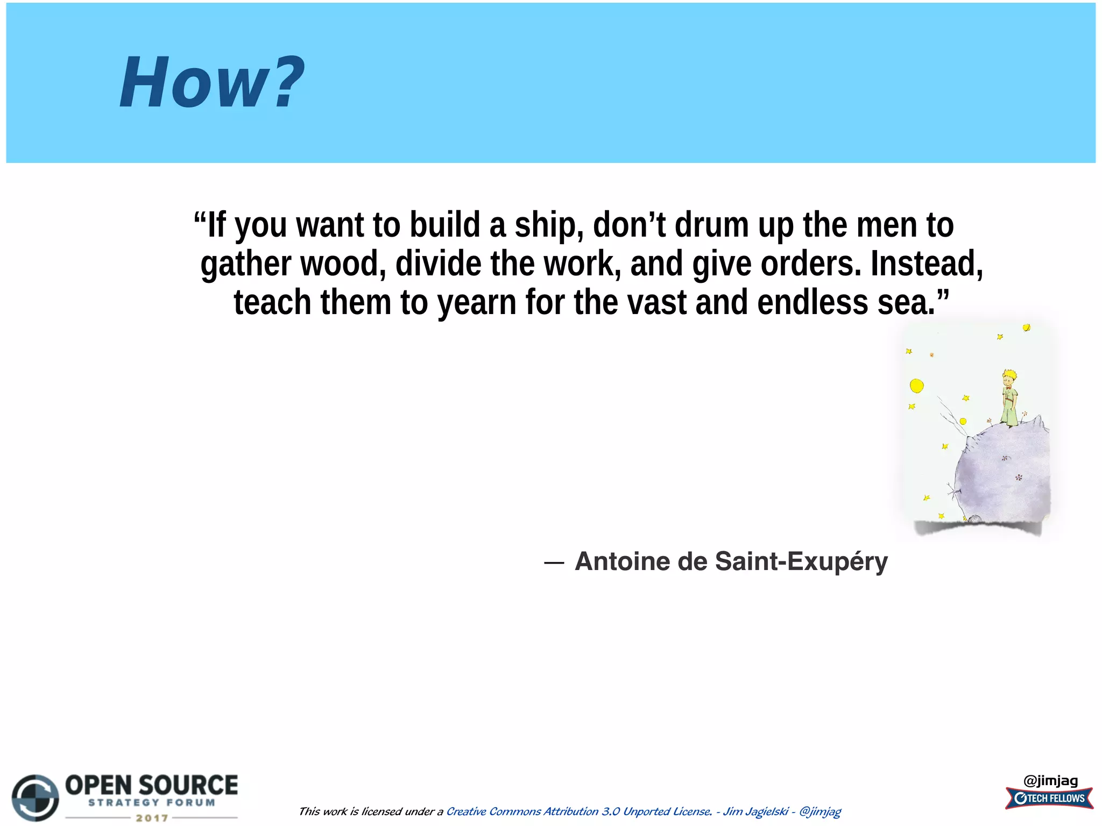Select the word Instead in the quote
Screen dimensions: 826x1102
pyautogui.click(x=926, y=264)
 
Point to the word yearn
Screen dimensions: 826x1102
pyautogui.click(x=477, y=303)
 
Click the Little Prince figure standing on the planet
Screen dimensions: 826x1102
pyautogui.click(x=1009, y=398)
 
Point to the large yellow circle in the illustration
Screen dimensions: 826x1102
pyautogui.click(x=916, y=386)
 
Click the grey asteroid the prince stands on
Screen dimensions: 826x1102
pyautogui.click(x=1004, y=473)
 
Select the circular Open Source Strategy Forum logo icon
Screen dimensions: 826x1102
pyautogui.click(x=36, y=798)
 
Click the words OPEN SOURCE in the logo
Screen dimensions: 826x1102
pyautogui.click(x=151, y=785)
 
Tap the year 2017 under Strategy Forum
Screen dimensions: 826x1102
pyautogui.click(x=152, y=818)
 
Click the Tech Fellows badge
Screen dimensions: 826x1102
pyautogui.click(x=1049, y=799)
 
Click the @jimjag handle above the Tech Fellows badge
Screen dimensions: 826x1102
pyautogui.click(x=1050, y=781)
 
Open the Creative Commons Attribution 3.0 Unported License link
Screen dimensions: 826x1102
pyautogui.click(x=578, y=811)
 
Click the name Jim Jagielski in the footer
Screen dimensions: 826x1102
pyautogui.click(x=755, y=811)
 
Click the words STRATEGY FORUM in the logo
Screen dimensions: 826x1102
pyautogui.click(x=152, y=803)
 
